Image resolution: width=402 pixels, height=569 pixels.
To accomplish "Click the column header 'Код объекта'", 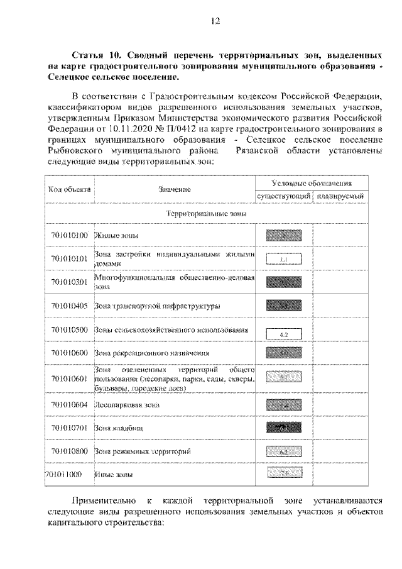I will click(70, 189).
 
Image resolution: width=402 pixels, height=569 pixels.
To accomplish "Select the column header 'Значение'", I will click(175, 189).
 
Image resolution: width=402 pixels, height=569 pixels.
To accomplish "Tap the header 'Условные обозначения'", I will click(312, 183).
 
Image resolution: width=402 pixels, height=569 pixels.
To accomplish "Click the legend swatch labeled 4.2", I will click(283, 333).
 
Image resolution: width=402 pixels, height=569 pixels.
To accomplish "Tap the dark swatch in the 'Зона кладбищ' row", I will click(283, 428).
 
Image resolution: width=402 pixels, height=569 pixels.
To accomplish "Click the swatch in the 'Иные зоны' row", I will click(283, 473).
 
